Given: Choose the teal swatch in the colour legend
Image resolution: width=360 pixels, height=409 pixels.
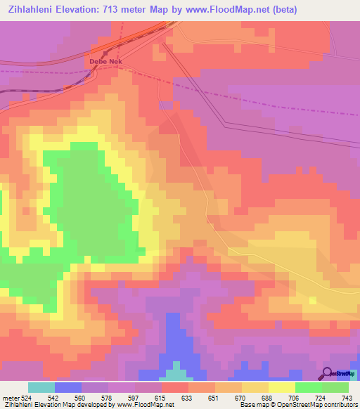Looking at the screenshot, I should click(x=41, y=387).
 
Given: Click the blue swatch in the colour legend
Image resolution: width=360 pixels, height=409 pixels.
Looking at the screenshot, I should click(x=68, y=387).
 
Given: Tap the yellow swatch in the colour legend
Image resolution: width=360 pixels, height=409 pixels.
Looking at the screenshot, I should click(x=282, y=387).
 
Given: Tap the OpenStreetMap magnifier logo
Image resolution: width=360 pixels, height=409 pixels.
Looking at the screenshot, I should click(x=327, y=374).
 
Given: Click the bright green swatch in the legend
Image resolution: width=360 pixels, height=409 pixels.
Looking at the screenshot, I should click(x=309, y=387).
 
